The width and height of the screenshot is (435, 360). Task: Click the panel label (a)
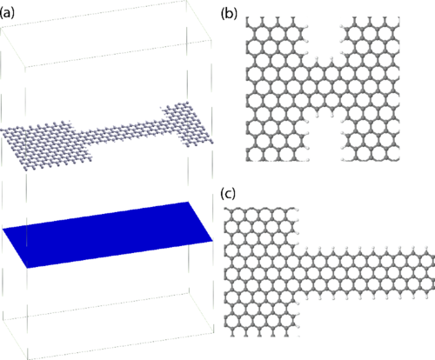7,14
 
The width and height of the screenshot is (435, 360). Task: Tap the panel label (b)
229,14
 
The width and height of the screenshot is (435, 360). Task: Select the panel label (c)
228,193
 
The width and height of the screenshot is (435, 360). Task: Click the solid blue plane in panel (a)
108,235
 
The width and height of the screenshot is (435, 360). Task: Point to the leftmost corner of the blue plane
3,229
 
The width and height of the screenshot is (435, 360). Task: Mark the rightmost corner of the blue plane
213,241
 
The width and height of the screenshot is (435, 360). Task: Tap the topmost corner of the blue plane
189,202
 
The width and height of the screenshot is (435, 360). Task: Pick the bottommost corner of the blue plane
27,268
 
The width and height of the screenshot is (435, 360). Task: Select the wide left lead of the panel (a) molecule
46,145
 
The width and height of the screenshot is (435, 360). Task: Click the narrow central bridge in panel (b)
325,87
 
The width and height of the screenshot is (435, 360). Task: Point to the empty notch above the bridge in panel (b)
325,37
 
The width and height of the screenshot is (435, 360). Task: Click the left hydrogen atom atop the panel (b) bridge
317,58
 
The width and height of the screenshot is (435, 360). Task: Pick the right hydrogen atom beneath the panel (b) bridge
332,116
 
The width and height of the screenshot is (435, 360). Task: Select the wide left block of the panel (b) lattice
277,89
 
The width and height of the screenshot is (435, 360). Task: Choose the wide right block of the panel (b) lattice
371,89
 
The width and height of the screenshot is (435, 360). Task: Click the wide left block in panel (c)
262,272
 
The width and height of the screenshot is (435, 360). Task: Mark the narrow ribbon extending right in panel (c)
367,272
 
